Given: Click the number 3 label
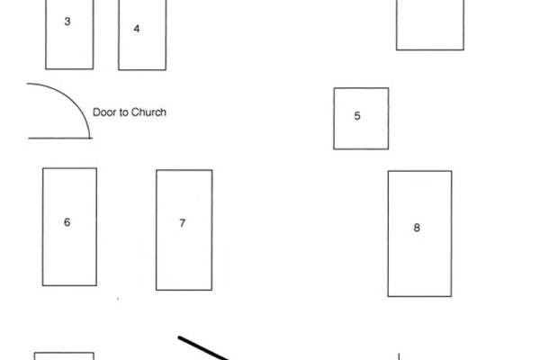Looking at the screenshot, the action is point(67,22).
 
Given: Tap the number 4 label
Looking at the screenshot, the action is point(137,29).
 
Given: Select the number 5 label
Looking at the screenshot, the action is point(357,116).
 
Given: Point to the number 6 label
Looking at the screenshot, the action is point(67,222).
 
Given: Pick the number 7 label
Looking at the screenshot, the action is point(183,223).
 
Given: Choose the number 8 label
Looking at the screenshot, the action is point(417,228).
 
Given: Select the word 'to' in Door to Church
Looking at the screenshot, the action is point(124,112).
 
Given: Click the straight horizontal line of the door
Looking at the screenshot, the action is point(60,139).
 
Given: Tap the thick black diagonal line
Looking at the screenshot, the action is point(203,348).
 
